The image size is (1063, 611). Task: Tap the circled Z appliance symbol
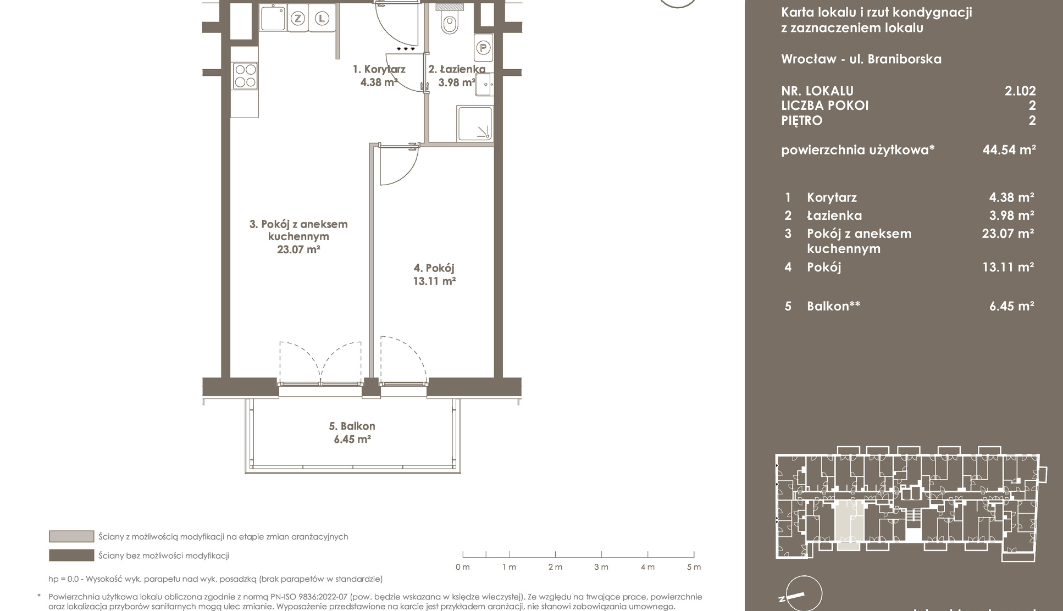coord(297,19)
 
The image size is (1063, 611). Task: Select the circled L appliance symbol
coord(322,19)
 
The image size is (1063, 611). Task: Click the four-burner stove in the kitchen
coord(245,76)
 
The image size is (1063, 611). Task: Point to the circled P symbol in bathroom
coord(483,48)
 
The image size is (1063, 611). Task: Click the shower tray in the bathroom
coord(474,124)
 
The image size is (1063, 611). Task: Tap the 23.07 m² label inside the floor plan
coord(298,249)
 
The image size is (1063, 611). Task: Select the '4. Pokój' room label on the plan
coord(434,268)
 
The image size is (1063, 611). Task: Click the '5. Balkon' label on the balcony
coord(352,426)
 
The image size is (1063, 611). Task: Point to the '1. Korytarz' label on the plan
coord(379,69)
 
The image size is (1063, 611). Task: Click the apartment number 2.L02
coord(1020,91)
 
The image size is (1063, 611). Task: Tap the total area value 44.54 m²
coord(1009,149)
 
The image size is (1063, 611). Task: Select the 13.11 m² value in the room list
coord(1008,267)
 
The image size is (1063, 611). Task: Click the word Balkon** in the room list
coord(833,306)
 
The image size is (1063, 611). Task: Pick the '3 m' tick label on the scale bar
coord(601,567)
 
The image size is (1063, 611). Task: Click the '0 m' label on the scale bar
coord(463,567)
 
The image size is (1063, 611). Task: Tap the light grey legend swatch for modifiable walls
coord(71,536)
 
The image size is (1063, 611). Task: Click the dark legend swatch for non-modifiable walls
coord(71,556)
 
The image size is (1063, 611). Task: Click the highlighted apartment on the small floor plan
coord(849,525)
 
